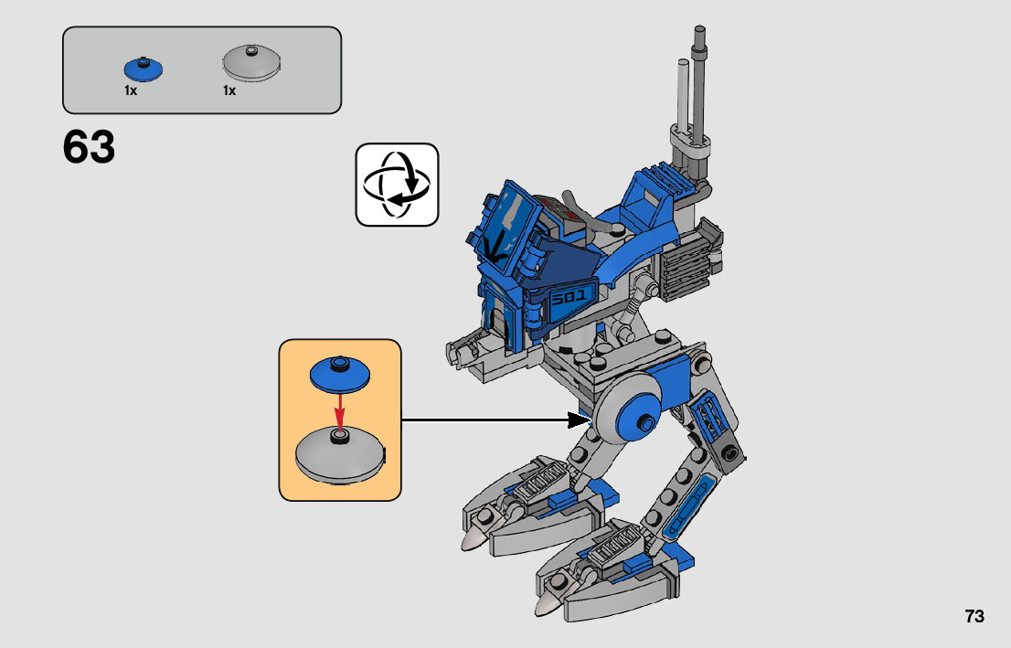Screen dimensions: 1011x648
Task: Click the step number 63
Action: pyautogui.click(x=89, y=147)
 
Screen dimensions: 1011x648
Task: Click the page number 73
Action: pyautogui.click(x=974, y=616)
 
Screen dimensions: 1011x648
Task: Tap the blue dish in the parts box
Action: pyautogui.click(x=144, y=69)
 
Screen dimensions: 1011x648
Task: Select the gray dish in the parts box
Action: pyautogui.click(x=251, y=63)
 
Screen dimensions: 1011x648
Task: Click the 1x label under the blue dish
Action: pyautogui.click(x=131, y=90)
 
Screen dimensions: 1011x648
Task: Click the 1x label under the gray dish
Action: pyautogui.click(x=229, y=90)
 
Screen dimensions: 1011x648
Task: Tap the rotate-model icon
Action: pyautogui.click(x=397, y=185)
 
